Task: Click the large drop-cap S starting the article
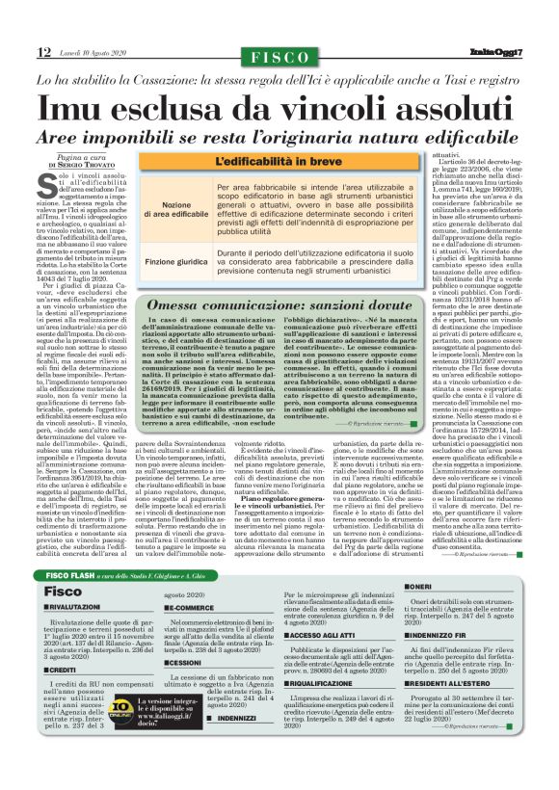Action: (x=48, y=190)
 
